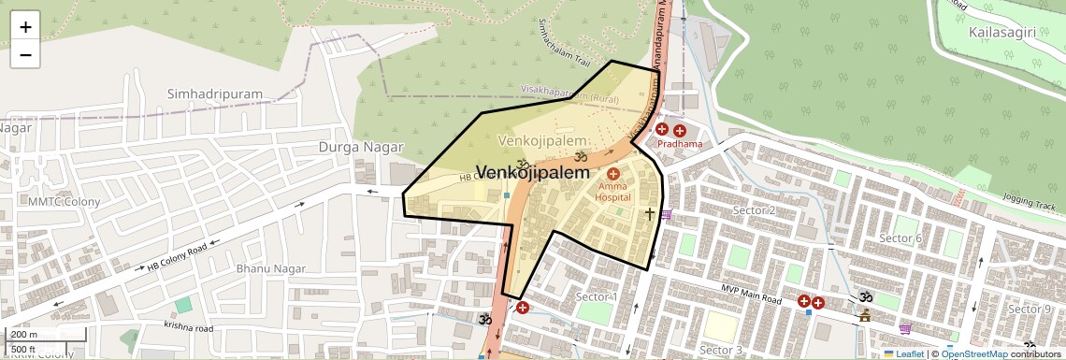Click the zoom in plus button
coord(25,27)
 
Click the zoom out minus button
coord(25,54)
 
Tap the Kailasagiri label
coord(1002,33)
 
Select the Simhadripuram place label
coord(215,94)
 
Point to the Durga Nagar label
coord(360,148)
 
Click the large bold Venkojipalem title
coord(534,173)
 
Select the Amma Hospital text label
coord(613,192)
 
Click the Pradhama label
coord(679,145)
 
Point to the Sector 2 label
coord(754,210)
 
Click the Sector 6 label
coord(900,238)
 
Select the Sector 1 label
coord(596,297)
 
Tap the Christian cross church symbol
coord(649,214)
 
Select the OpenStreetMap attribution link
coord(973,354)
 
